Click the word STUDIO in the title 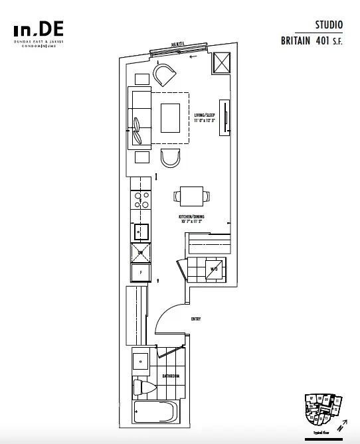click(329, 25)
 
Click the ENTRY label click(195, 319)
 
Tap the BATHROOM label click(171, 376)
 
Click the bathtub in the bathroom click(153, 411)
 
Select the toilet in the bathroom click(143, 387)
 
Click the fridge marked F click(141, 272)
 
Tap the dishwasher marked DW click(141, 251)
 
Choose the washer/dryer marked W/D click(214, 269)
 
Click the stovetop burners click(141, 200)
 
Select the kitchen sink click(141, 231)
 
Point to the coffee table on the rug click(170, 117)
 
